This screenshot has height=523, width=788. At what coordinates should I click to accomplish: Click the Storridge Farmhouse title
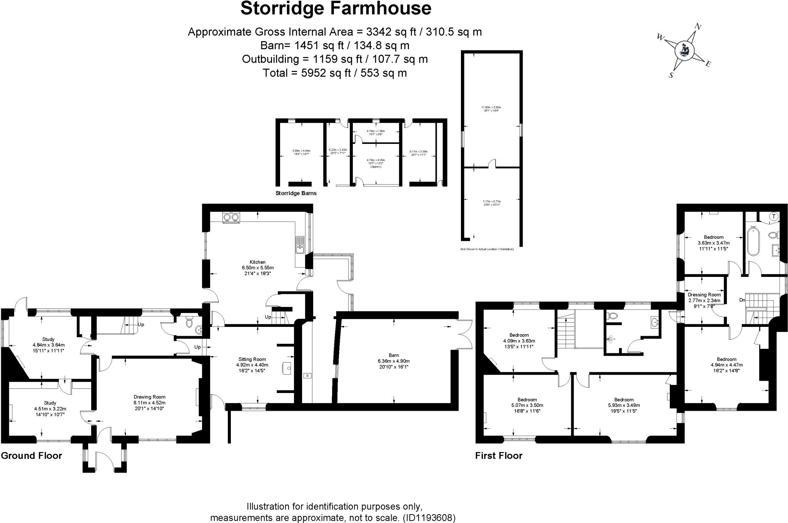click(x=336, y=9)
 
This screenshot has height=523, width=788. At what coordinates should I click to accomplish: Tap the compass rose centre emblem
click(x=685, y=50)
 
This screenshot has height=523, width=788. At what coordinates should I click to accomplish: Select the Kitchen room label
click(x=257, y=262)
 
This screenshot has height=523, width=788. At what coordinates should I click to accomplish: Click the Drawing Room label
click(x=149, y=397)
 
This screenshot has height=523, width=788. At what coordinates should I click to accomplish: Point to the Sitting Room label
click(x=252, y=359)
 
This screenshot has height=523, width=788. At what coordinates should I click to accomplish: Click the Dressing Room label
click(x=704, y=295)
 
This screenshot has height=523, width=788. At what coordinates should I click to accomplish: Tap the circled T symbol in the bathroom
click(x=773, y=217)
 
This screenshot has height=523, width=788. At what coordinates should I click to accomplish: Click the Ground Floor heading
click(x=32, y=456)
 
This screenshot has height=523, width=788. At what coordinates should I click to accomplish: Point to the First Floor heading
click(x=499, y=456)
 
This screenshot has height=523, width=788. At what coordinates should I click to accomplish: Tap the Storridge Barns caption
click(x=296, y=193)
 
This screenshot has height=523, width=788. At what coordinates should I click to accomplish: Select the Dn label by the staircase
click(x=742, y=300)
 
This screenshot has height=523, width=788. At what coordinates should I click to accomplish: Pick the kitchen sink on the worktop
click(x=300, y=244)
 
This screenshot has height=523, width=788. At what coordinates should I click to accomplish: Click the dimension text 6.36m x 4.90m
click(x=394, y=361)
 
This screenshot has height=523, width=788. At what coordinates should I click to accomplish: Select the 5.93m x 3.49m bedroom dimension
click(x=624, y=405)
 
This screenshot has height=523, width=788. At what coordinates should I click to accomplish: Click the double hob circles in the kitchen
click(x=231, y=218)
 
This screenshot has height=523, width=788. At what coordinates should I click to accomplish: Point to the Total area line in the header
click(x=334, y=73)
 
